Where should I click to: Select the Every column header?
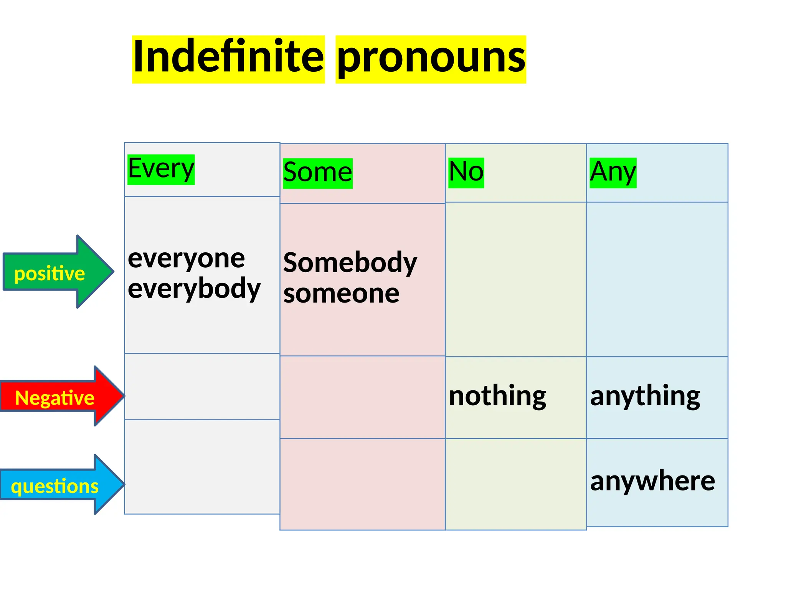point(161,169)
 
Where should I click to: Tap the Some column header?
point(317,173)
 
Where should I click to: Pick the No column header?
point(466,172)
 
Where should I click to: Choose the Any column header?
point(613,172)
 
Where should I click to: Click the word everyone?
point(186,259)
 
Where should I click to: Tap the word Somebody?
point(350,263)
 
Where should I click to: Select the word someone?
point(341,294)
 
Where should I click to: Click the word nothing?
point(497,396)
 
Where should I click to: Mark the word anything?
point(645,396)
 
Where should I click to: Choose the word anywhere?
point(652,481)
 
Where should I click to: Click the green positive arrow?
point(58,272)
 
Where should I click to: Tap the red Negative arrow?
point(61,397)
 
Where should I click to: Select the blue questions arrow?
point(61,485)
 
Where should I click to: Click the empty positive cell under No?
point(516,279)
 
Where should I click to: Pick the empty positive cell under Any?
point(657,279)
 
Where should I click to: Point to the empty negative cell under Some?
point(362,397)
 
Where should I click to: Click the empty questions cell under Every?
point(202,467)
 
